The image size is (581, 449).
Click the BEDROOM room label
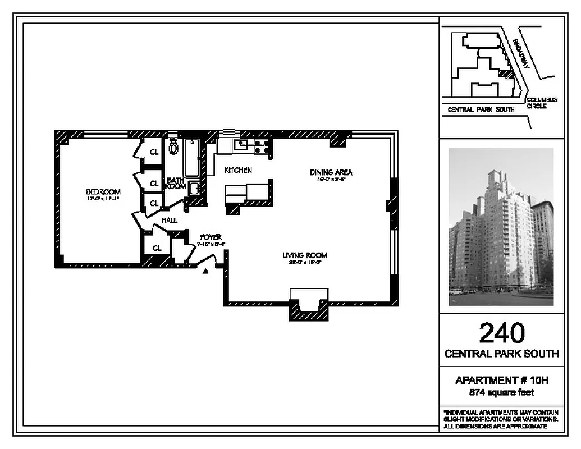[104, 192]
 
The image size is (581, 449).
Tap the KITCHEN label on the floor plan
[238, 170]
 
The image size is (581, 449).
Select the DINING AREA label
[331, 172]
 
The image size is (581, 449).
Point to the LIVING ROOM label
[305, 255]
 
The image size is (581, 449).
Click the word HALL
[169, 221]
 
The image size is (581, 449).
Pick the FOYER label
[211, 237]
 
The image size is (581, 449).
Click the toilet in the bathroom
[173, 148]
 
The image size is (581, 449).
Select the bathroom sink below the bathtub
[194, 189]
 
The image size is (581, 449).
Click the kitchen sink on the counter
[243, 145]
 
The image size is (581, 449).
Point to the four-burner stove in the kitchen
[260, 146]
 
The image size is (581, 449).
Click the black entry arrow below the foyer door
[205, 271]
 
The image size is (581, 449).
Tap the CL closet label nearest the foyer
[157, 248]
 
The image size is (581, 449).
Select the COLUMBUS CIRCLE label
[541, 103]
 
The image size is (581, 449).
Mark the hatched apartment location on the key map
[506, 73]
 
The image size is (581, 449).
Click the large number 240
[502, 333]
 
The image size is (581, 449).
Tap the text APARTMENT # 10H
[501, 381]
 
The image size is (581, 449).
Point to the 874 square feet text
[501, 393]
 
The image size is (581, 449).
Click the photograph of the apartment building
[501, 227]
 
